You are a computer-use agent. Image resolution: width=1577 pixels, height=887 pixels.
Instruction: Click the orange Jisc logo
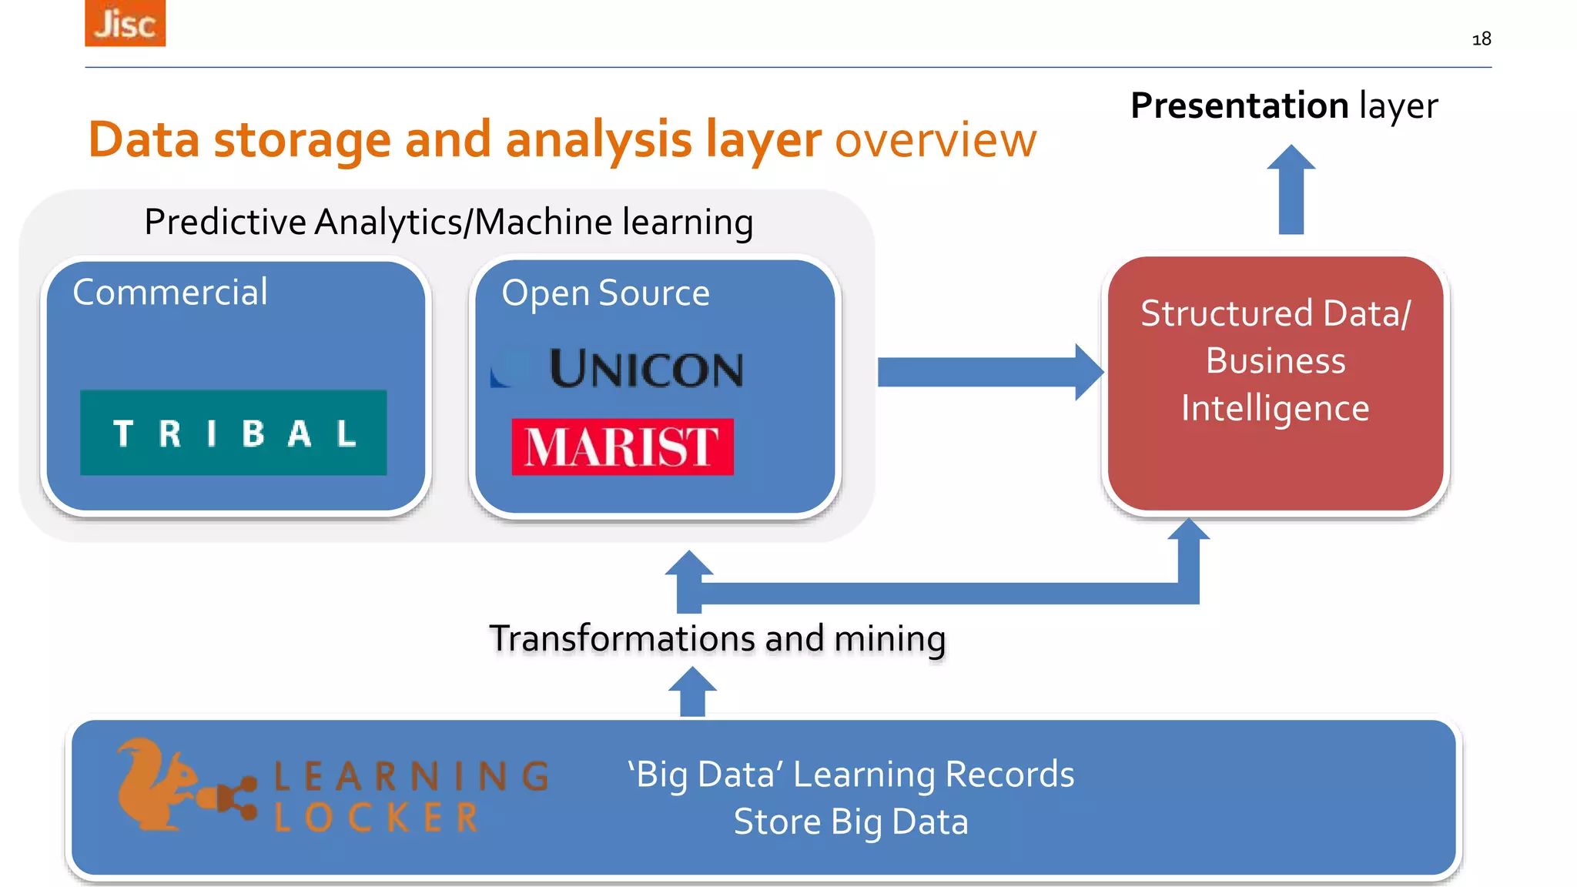125,23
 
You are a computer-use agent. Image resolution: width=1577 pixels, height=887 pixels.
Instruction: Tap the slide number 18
1481,39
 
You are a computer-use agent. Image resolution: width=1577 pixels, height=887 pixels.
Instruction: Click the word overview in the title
936,140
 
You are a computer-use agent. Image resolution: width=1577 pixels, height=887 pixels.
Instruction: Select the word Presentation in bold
1239,105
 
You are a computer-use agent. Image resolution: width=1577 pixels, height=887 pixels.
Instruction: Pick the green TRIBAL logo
233,433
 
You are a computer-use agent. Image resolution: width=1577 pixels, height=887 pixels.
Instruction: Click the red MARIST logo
622,447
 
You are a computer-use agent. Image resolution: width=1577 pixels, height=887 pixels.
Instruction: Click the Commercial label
170,293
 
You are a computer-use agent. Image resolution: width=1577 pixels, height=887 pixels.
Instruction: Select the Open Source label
605,293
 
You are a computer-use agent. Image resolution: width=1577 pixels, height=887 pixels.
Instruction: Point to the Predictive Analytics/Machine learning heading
448,223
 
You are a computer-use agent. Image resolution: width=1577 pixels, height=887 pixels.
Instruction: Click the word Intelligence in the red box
1275,408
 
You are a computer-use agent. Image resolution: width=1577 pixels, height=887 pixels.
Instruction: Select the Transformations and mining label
717,638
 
